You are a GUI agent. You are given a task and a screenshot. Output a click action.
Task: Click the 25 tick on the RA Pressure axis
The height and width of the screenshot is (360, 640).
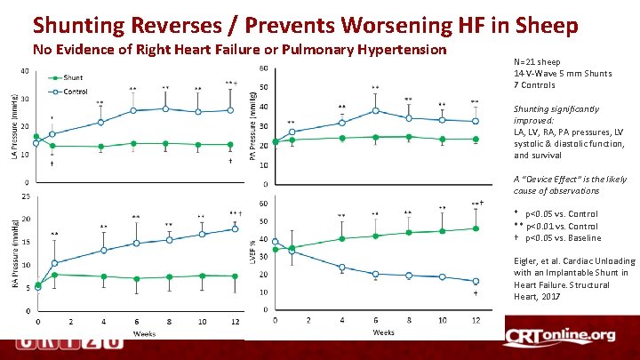click(26, 196)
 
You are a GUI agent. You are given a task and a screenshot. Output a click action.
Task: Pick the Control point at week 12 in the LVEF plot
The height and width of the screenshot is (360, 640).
click(476, 281)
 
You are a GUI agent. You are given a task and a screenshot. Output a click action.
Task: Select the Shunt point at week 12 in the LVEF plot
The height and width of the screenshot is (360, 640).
click(476, 228)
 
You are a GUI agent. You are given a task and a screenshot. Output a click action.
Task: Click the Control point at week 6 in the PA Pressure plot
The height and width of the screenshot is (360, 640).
click(375, 110)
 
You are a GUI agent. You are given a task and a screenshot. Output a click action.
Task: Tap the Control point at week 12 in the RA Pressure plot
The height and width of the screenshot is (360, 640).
click(235, 228)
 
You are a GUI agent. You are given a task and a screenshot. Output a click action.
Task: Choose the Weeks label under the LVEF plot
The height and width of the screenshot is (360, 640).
click(383, 332)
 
